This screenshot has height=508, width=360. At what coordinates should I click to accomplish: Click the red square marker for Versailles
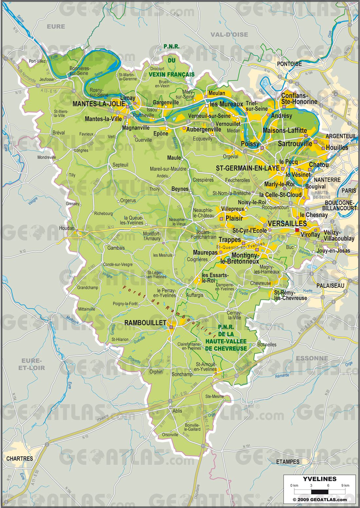coord(297,230)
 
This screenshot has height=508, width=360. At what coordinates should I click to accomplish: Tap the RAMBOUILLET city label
coord(145,323)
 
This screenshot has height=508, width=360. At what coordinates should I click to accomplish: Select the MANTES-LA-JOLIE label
coord(99,104)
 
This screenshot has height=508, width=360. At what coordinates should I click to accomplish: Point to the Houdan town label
coord(66,228)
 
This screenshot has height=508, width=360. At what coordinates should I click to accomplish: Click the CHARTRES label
coord(20,459)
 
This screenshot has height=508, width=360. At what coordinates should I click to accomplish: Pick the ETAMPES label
coord(288,461)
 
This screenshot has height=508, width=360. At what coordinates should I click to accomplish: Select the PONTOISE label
coord(289,64)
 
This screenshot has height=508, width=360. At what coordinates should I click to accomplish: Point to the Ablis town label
coord(177,411)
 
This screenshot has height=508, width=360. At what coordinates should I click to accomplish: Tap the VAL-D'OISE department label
coord(229,34)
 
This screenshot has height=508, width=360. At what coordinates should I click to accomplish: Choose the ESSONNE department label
coord(312,358)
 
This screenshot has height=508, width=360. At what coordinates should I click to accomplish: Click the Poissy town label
coord(250,144)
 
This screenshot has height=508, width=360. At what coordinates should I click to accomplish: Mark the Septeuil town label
coord(120,165)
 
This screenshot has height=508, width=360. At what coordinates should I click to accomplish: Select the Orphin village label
coord(156,372)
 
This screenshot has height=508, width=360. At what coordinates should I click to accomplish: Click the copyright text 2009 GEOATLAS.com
coord(319,499)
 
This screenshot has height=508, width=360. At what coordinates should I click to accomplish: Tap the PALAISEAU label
coord(330,286)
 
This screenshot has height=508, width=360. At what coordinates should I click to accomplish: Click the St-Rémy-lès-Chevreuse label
coord(290,295)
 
